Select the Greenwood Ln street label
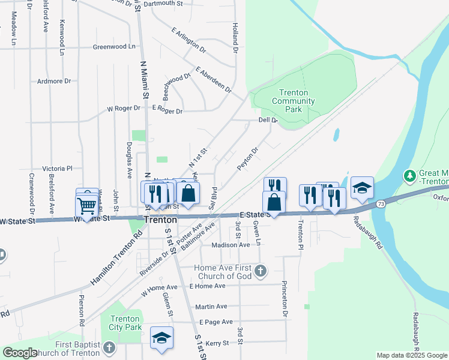(x=114, y=46)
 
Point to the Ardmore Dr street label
(x=54, y=81)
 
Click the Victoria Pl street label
(x=57, y=169)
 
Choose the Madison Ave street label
(x=231, y=245)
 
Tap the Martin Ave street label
(x=211, y=306)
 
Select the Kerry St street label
(x=217, y=343)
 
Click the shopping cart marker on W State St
(x=87, y=206)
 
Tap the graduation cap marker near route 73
(x=363, y=188)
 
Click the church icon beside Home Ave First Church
(x=260, y=271)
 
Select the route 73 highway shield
(x=381, y=205)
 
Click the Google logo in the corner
(x=20, y=353)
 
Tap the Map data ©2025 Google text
(x=412, y=355)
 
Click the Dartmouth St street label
(x=163, y=4)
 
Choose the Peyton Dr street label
(x=247, y=158)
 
